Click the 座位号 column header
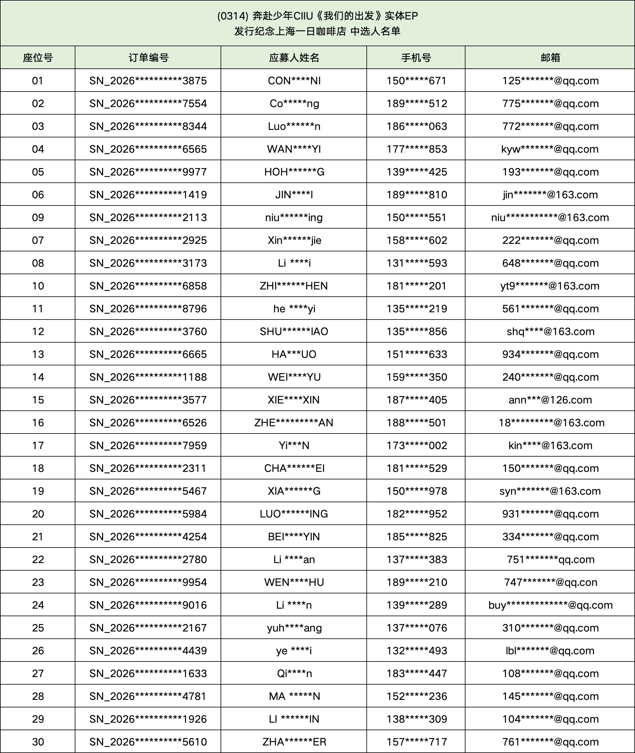tap(38, 58)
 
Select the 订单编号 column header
tap(148, 58)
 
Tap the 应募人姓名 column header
tap(294, 58)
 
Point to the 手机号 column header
tap(416, 58)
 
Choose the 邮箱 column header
tap(550, 58)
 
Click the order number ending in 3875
tap(148, 81)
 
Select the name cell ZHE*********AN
tap(294, 423)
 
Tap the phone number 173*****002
tap(417, 445)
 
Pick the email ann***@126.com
tap(550, 400)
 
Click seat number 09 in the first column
tap(38, 217)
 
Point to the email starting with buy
tap(550, 605)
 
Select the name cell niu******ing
tap(294, 217)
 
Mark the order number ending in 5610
tap(148, 742)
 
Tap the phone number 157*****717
tap(417, 742)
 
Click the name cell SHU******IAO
tap(294, 331)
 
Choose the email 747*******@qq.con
tap(550, 582)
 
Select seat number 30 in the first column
tap(38, 742)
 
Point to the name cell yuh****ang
tap(294, 628)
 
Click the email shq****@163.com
tap(550, 331)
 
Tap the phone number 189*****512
tap(417, 103)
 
